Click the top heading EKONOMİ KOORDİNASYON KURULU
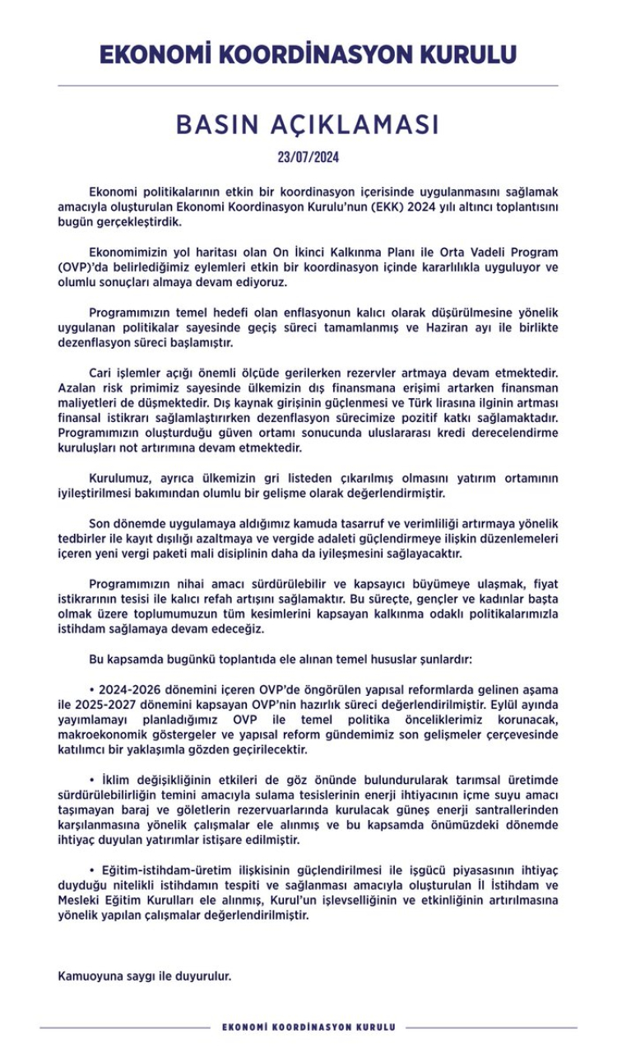308,54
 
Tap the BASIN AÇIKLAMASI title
308,124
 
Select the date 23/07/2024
308,157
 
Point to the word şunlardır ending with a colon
447,659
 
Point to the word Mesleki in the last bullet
80,901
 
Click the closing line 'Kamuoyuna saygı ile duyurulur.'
145,976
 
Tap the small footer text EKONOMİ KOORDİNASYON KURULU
308,1027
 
